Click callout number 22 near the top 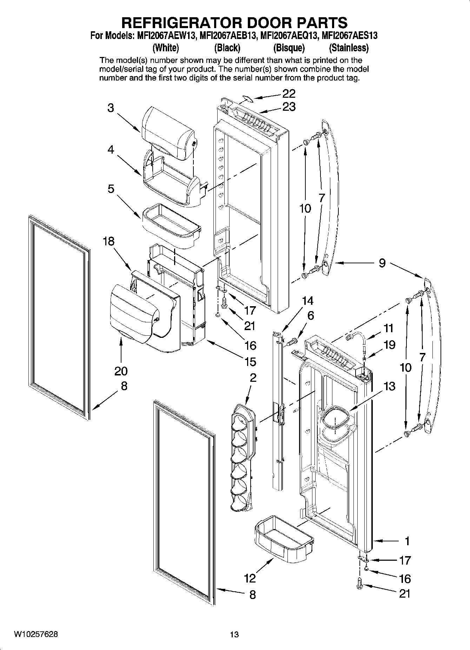(289, 93)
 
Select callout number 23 (289, 107)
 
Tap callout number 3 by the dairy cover (111, 108)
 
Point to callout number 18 (109, 242)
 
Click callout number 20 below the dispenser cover (121, 371)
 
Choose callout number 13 (389, 386)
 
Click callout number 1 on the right (407, 541)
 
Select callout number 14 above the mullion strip (307, 301)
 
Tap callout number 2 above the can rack (253, 378)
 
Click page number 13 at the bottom (234, 635)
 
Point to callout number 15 (251, 361)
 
